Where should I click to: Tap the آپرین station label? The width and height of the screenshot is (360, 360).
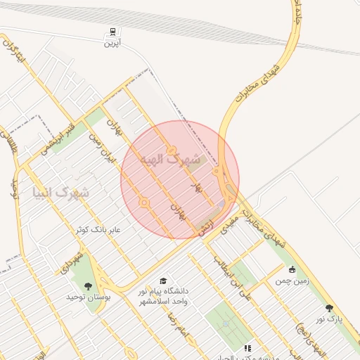click(x=112, y=44)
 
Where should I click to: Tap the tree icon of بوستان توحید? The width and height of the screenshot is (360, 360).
click(x=88, y=285)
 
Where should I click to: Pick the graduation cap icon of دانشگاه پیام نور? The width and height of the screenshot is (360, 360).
click(x=163, y=281)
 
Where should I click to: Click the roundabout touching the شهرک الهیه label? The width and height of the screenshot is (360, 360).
click(x=172, y=150)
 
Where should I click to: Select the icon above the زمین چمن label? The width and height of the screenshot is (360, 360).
click(x=292, y=269)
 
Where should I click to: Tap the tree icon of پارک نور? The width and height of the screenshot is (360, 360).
click(x=329, y=307)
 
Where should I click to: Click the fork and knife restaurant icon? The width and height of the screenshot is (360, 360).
click(x=247, y=347)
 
